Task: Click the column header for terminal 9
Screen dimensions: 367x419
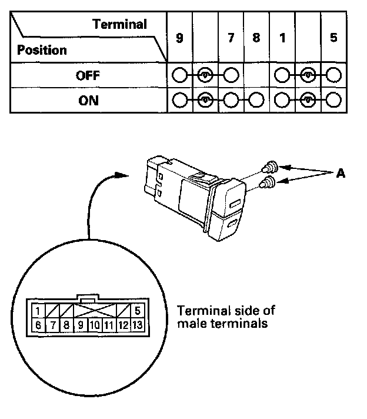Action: point(179,38)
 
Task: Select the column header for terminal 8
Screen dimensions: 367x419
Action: point(256,38)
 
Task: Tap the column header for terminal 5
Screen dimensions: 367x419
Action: point(333,38)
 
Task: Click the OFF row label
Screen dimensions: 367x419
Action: point(88,76)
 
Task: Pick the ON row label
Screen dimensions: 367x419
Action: point(88,101)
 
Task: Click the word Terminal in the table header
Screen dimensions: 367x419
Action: point(119,24)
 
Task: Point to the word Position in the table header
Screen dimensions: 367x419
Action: point(42,50)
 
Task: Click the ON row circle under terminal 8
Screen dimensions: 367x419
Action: point(256,100)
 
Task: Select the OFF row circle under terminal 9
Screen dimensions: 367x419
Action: point(179,75)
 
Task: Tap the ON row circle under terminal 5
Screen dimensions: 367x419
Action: point(333,99)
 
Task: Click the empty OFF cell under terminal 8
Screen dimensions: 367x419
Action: point(256,75)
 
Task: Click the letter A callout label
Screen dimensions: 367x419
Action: point(341,173)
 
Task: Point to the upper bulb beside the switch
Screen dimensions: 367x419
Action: point(270,168)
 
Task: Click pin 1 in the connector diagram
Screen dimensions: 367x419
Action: point(38,311)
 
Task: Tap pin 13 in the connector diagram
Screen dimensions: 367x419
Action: point(137,325)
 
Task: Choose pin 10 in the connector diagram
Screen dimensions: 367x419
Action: point(95,325)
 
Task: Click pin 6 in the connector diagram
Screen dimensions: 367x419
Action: point(38,325)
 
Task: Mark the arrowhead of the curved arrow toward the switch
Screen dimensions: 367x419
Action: point(122,175)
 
